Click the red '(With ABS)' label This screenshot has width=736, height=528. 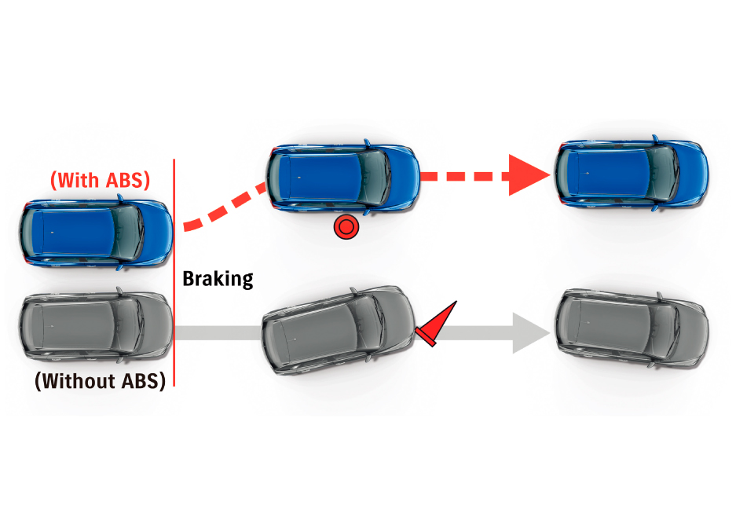point(99,180)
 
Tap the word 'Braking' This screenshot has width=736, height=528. point(218,278)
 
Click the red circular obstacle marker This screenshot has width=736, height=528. point(346,228)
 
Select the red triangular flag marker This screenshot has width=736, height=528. point(437,323)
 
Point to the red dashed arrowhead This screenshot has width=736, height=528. point(527,175)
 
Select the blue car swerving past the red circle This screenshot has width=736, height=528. point(342,176)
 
